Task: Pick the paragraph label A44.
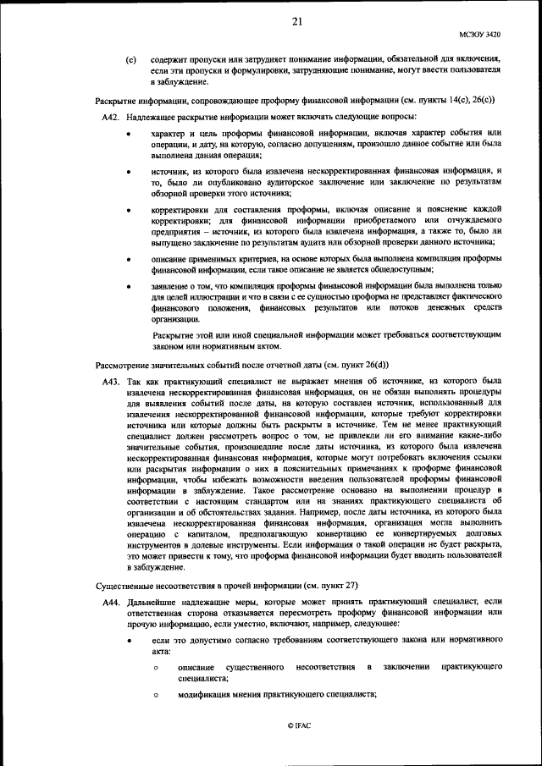pyautogui.click(x=113, y=602)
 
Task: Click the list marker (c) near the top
pyautogui.click(x=130, y=60)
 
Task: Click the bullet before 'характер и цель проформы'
pyautogui.click(x=128, y=135)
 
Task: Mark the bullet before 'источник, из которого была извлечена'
pyautogui.click(x=128, y=172)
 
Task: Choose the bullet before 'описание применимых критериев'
pyautogui.click(x=128, y=258)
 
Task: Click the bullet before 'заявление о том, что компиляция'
pyautogui.click(x=128, y=288)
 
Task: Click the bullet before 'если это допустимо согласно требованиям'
pyautogui.click(x=128, y=642)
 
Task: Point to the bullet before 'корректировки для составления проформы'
pyautogui.click(x=128, y=209)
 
